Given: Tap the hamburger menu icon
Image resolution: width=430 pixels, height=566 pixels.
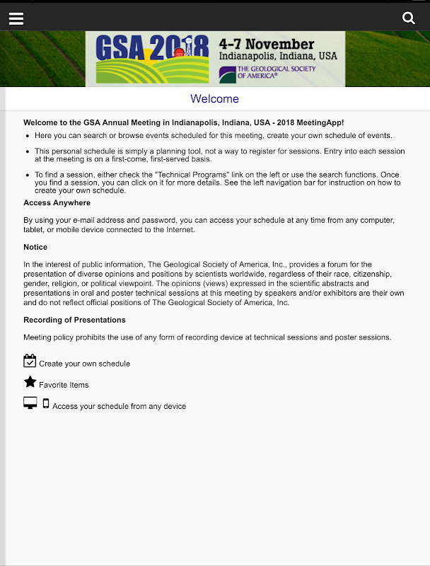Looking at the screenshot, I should click(16, 18).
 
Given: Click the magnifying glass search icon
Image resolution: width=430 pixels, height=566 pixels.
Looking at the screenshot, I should click(409, 18).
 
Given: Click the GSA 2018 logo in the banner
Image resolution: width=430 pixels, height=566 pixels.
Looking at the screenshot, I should click(152, 58).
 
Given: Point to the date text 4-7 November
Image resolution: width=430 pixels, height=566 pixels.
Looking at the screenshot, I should click(267, 44).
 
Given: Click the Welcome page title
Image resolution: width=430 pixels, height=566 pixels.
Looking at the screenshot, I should click(215, 99).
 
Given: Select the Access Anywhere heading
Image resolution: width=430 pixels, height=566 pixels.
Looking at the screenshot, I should click(57, 203).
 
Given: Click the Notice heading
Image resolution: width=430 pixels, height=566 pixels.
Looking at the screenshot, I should click(35, 247).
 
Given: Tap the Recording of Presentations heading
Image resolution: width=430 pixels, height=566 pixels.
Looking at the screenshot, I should click(74, 320).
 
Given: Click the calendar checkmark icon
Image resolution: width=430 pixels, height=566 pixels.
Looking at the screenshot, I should click(30, 362).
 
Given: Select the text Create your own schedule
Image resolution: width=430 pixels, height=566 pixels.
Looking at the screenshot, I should click(84, 364).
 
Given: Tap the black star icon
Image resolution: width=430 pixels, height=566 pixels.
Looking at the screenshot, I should click(30, 383).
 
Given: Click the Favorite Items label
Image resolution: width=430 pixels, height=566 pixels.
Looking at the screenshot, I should click(64, 385).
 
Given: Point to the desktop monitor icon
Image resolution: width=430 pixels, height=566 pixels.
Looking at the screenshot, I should click(30, 403).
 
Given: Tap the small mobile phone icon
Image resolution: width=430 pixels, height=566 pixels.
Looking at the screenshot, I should click(46, 404).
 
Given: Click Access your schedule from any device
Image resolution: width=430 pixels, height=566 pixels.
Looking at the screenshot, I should click(119, 406).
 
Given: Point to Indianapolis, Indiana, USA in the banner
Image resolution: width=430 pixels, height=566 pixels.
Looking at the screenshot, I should click(278, 56).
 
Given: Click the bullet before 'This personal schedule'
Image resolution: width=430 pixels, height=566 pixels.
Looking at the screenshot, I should click(27, 151).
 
